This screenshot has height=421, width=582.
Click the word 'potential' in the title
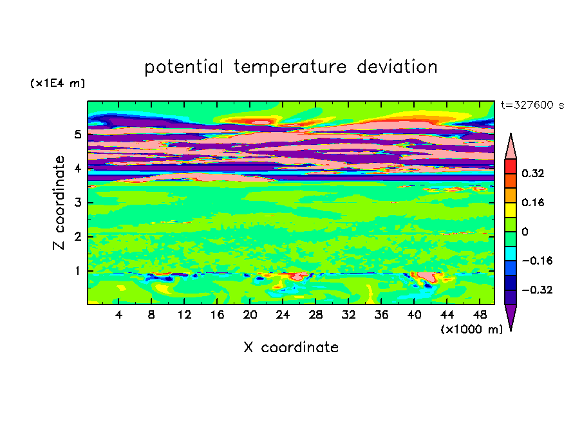pyautogui.click(x=183, y=67)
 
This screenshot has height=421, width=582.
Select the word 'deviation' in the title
pyautogui.click(x=397, y=66)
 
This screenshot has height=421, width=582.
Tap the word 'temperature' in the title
pyautogui.click(x=290, y=67)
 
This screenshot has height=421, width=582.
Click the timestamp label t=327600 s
pyautogui.click(x=532, y=105)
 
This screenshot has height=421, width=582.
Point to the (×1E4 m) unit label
pyautogui.click(x=57, y=83)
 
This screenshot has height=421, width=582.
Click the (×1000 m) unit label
pyautogui.click(x=471, y=329)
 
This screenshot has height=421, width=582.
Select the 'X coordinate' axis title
pyautogui.click(x=291, y=347)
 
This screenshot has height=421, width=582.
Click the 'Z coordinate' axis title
pyautogui.click(x=59, y=202)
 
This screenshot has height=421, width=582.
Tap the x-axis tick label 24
pyautogui.click(x=283, y=315)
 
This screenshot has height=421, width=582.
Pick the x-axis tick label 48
pyautogui.click(x=480, y=315)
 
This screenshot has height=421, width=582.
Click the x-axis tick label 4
pyautogui.click(x=118, y=315)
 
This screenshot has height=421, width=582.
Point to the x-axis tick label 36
pyautogui.click(x=381, y=315)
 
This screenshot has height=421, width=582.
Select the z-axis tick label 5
pyautogui.click(x=77, y=134)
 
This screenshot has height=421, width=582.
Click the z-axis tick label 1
pyautogui.click(x=77, y=270)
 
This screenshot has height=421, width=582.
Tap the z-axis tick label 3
pyautogui.click(x=77, y=202)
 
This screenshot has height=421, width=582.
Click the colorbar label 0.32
pyautogui.click(x=532, y=173)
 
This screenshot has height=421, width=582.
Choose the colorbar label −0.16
pyautogui.click(x=537, y=261)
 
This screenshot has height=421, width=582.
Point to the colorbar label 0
pyautogui.click(x=525, y=232)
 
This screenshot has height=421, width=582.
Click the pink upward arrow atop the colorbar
pyautogui.click(x=511, y=146)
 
